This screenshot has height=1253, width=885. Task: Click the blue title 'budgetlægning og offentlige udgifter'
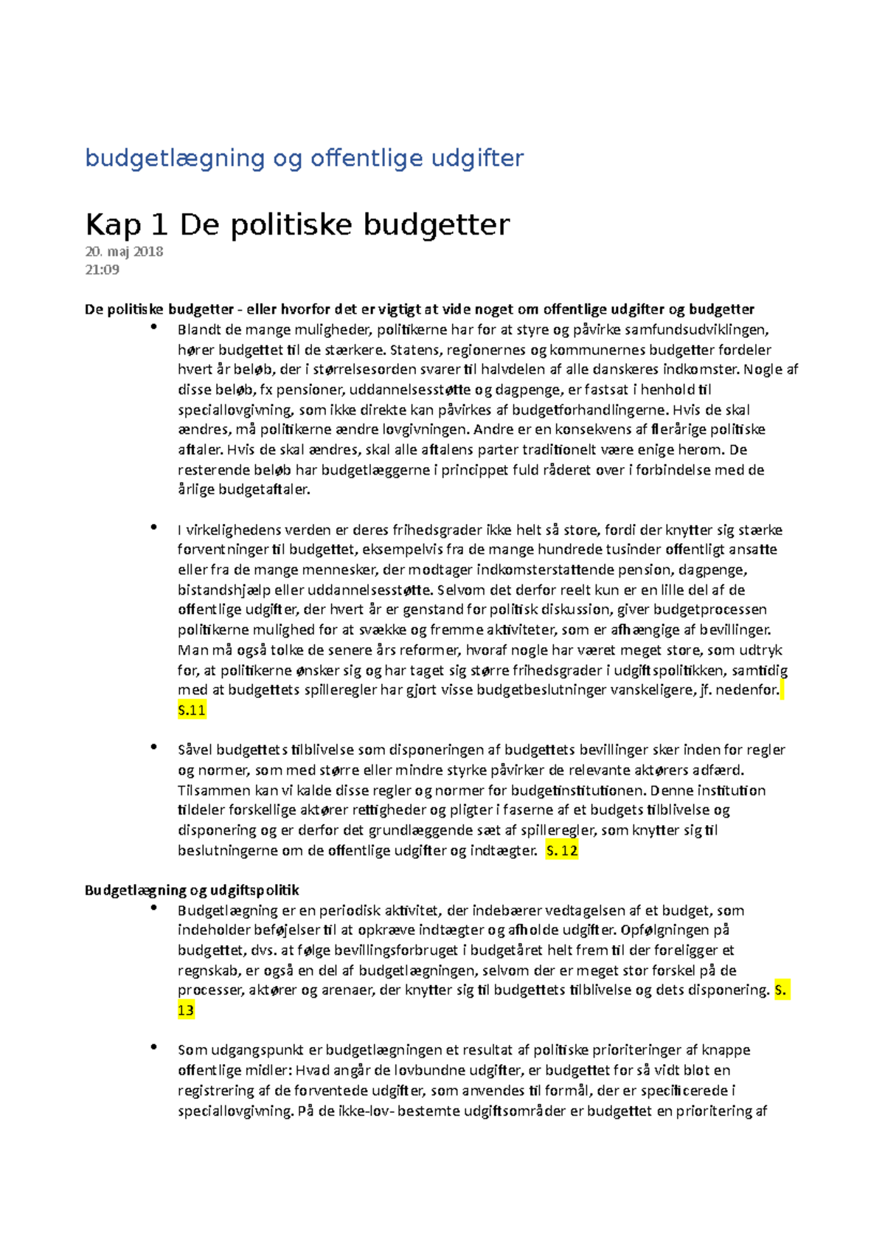coord(304,158)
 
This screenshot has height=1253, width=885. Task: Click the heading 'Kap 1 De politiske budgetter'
coord(297,224)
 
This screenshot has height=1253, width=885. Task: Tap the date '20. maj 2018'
coord(124,252)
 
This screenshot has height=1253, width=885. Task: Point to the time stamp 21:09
coord(102,269)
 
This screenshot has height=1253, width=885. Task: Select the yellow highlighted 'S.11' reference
coord(192,711)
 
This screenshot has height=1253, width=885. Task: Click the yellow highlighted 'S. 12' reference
coord(561,851)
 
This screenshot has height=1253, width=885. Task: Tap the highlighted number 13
coord(186,1010)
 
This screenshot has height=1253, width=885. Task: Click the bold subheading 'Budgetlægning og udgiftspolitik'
coord(192,890)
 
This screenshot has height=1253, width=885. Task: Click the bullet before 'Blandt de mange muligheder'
coord(153,327)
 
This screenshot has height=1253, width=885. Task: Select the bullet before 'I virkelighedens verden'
coord(153,527)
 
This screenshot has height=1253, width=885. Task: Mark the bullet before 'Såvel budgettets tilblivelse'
coord(153,747)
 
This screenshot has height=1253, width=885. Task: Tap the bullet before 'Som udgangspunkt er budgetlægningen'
coord(153,1047)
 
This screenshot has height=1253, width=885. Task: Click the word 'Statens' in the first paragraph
coord(415,350)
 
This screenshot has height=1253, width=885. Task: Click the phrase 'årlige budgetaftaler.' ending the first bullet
coord(244,490)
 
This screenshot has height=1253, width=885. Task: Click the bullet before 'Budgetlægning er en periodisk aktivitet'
coord(153,908)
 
